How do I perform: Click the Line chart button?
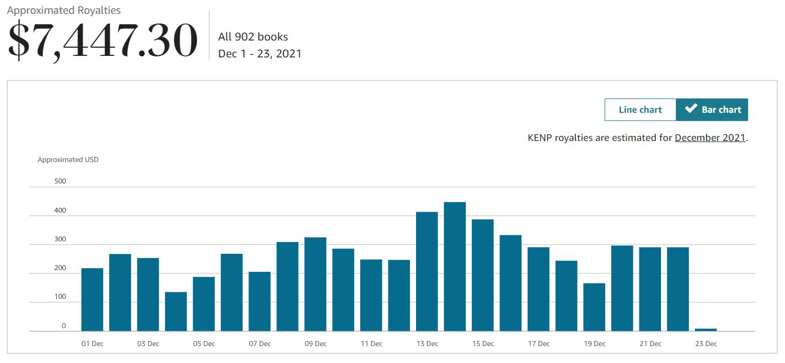[640, 110]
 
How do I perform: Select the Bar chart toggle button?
[712, 110]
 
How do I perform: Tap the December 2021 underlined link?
[710, 137]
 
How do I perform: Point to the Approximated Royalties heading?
[64, 10]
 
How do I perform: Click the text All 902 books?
[253, 37]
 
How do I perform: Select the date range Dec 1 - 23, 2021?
[260, 53]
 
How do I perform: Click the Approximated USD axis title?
[68, 159]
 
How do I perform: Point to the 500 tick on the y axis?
[60, 181]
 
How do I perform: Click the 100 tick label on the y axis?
[60, 297]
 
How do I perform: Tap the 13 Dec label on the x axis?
[427, 344]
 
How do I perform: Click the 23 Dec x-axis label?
[706, 344]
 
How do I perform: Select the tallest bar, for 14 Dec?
[455, 267]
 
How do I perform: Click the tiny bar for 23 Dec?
[706, 330]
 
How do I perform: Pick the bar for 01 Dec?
[92, 300]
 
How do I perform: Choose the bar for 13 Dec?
[427, 272]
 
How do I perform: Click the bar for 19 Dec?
[594, 307]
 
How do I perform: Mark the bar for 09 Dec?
[315, 285]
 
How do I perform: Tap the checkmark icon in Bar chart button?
[691, 109]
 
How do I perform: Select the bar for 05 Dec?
[203, 304]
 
